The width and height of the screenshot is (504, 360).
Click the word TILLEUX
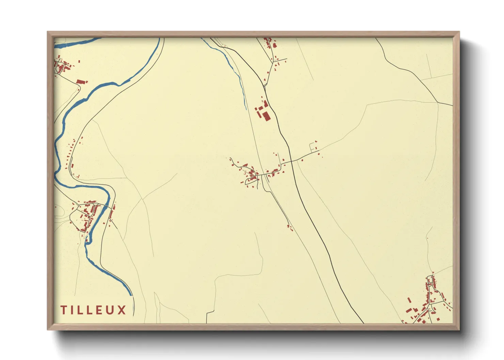[x=93, y=310]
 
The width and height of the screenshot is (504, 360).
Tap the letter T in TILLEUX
[x=63, y=310]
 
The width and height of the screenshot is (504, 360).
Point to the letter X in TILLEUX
[x=122, y=310]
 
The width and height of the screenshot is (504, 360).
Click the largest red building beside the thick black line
[x=266, y=116]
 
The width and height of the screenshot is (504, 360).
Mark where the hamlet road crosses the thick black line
[x=290, y=162]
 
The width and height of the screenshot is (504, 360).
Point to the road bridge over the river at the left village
[x=108, y=206]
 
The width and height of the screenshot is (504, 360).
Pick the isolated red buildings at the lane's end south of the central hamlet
[x=290, y=227]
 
